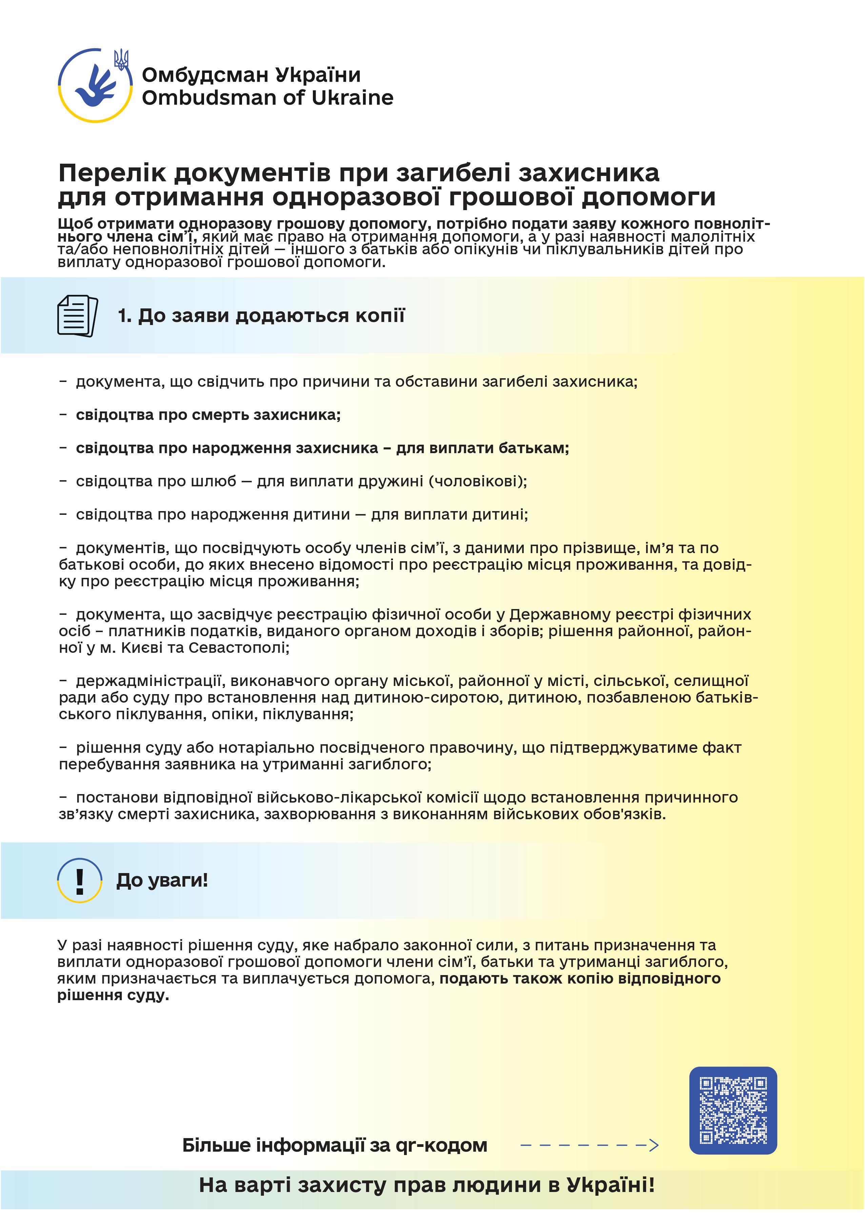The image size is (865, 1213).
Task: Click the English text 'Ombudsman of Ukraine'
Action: pyautogui.click(x=267, y=98)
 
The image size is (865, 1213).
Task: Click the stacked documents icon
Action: pyautogui.click(x=78, y=316)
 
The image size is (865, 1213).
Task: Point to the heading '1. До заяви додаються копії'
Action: pyautogui.click(x=261, y=316)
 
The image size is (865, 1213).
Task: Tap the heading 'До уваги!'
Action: pyautogui.click(x=162, y=880)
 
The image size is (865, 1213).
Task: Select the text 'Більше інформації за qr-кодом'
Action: pyautogui.click(x=335, y=1145)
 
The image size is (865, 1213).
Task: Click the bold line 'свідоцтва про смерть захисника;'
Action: pyautogui.click(x=208, y=415)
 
